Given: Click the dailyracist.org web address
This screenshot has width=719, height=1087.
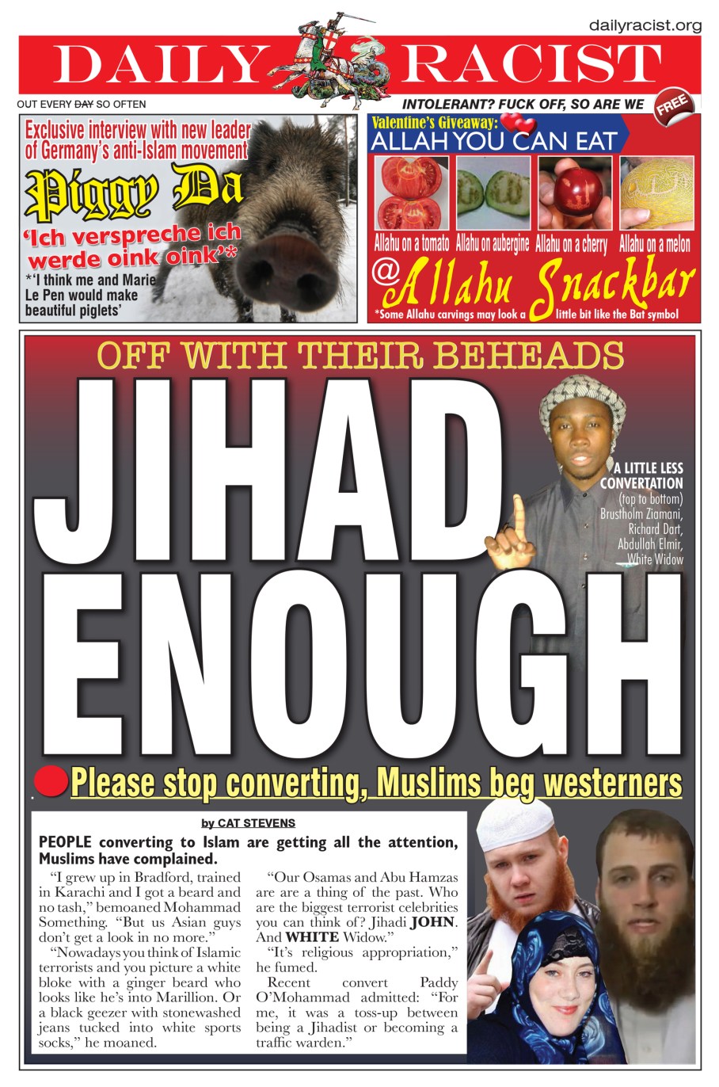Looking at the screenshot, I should [645, 26].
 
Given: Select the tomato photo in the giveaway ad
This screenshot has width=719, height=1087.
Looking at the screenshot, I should [411, 193].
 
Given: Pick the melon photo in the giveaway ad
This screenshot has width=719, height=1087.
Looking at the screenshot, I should [656, 193].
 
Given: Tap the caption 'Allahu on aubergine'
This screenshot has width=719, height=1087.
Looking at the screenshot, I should [492, 244].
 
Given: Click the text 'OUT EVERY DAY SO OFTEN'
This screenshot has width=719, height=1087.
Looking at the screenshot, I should [82, 104].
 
